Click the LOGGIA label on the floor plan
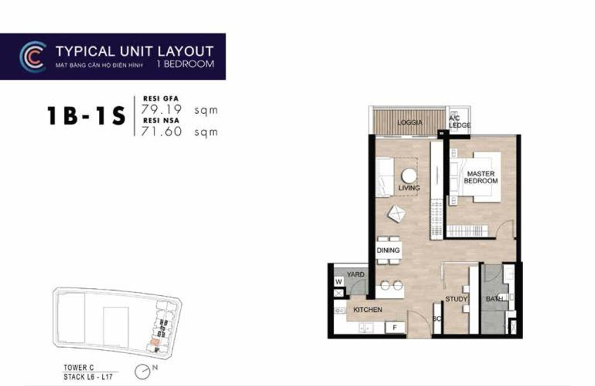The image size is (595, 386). tap(410, 122)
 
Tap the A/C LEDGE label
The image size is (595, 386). tap(459, 122)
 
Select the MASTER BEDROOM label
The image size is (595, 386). tap(481, 177)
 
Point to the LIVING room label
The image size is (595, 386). tap(408, 188)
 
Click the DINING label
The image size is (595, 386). tap(389, 250)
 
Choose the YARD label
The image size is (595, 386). tap(355, 275)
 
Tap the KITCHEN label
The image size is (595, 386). tap(367, 310)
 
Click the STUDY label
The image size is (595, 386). tap(456, 300)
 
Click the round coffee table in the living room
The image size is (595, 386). tap(408, 176)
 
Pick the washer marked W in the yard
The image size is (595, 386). tap(338, 281)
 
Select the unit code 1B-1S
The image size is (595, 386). tap(85, 116)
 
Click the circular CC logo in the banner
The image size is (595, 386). tap(32, 56)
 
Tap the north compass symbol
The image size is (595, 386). tap(143, 371)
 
